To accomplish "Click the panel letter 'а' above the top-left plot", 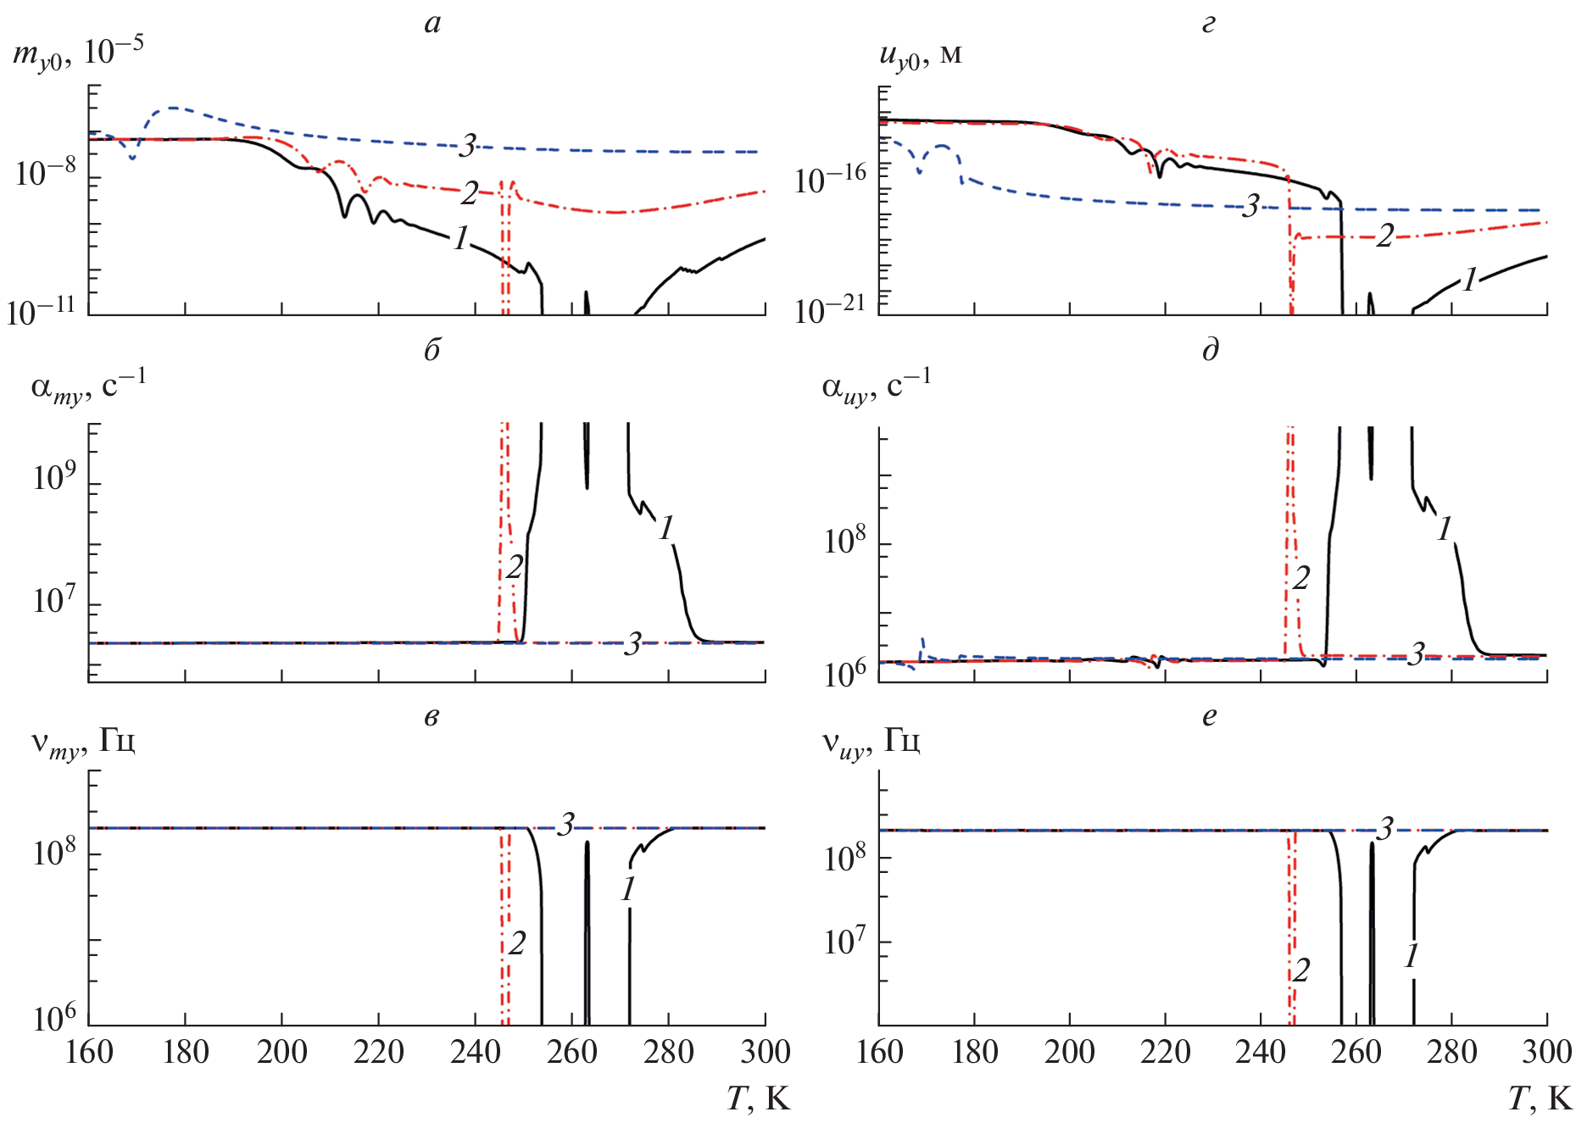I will tap(432, 24).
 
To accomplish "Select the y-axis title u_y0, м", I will tap(921, 55).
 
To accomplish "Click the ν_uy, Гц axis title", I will tap(871, 742).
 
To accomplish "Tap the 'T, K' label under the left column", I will tap(758, 1099).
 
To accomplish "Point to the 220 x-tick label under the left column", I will tap(378, 1053).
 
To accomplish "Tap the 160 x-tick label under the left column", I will tap(89, 1053).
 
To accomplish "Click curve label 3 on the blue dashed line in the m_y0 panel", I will tap(467, 146).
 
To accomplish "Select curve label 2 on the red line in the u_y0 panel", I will tap(1384, 236).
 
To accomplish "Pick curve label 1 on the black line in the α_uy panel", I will tap(1445, 530).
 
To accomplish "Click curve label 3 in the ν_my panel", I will tap(565, 824).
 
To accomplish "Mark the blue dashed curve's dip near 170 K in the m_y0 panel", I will tap(132, 158).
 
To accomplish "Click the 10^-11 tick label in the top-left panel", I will tap(40, 312).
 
